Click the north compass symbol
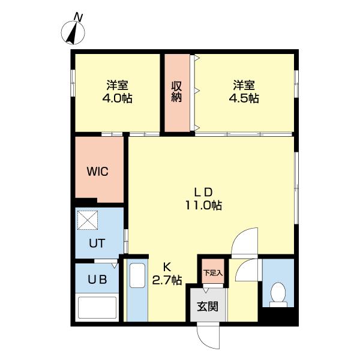point(73,32)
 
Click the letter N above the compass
point(78,17)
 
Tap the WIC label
point(98,171)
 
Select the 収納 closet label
point(177,92)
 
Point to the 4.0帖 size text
point(118,98)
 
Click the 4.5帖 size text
point(244,98)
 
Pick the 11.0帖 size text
point(203,205)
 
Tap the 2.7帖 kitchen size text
point(167,280)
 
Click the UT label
point(97,244)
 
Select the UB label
point(97,280)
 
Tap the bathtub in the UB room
point(97,308)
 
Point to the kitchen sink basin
point(137,275)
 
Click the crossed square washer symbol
point(88,220)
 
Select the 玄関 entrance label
point(208,306)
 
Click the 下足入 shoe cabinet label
point(213,273)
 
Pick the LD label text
point(203,193)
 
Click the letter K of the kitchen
point(167,268)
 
